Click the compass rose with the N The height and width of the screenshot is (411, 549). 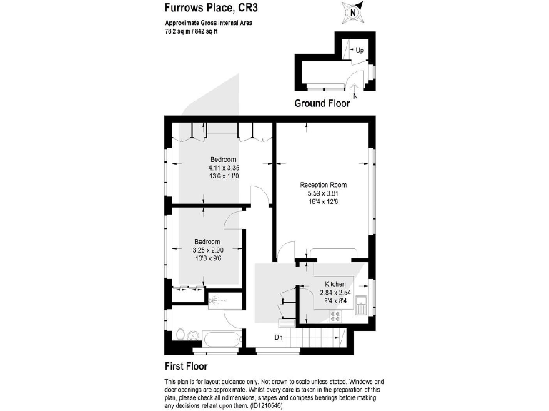click(x=352, y=12)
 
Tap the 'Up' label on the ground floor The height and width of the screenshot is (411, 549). click(x=360, y=51)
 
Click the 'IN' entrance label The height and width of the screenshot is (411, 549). click(x=355, y=96)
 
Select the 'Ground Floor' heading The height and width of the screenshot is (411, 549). click(x=322, y=103)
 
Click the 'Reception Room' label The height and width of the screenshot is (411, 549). click(x=323, y=184)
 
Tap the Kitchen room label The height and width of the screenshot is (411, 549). click(x=335, y=284)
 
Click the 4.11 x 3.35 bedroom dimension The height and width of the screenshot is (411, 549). click(x=223, y=168)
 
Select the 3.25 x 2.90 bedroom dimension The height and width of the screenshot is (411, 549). click(x=207, y=250)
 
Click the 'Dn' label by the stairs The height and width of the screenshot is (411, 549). click(x=280, y=337)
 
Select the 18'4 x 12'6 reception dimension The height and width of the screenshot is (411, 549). click(x=323, y=202)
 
